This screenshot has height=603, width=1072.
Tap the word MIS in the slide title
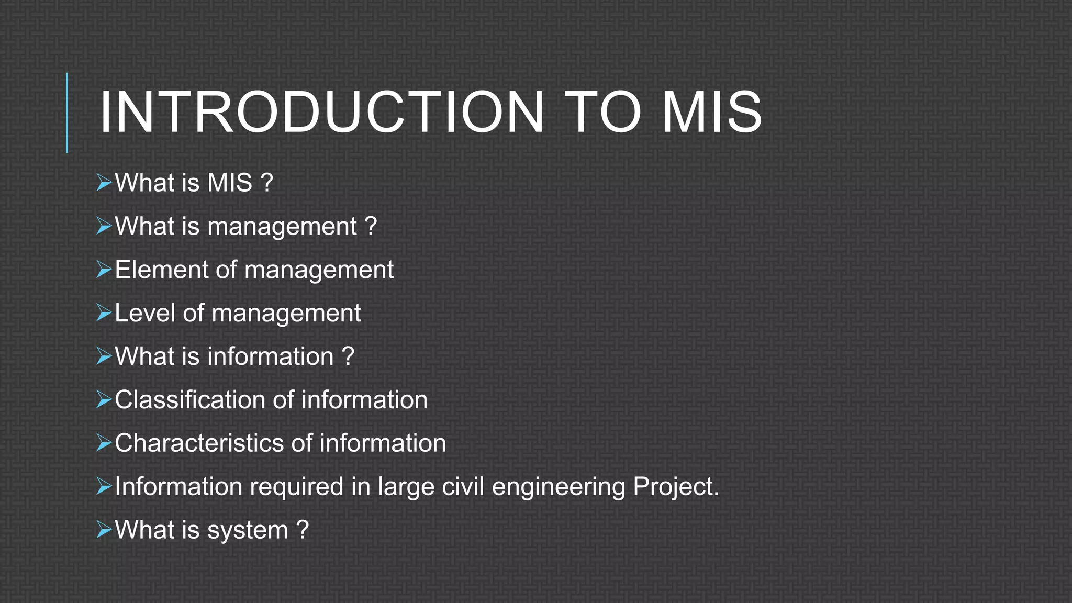711,113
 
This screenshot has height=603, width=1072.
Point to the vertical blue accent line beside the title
67,113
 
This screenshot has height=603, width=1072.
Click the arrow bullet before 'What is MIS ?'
104,183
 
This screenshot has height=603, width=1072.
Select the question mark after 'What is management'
371,226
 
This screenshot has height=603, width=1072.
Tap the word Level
144,314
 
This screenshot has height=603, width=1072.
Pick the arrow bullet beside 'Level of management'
104,314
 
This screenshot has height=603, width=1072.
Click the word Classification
189,400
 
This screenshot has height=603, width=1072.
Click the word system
248,531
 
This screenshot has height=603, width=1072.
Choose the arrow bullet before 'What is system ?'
104,530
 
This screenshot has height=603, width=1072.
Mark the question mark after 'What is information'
348,356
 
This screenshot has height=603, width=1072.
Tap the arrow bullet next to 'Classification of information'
104,400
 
